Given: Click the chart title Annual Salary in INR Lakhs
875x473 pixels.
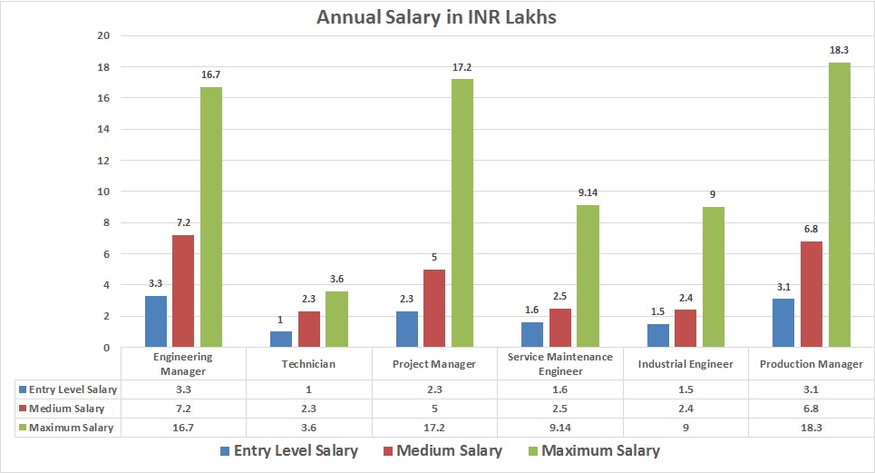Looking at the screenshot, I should coord(437,17).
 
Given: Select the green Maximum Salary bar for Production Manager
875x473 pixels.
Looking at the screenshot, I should coord(840,205).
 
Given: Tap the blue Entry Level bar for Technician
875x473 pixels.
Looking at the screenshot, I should coord(281,339).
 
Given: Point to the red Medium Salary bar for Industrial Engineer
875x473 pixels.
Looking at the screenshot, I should coord(685,329).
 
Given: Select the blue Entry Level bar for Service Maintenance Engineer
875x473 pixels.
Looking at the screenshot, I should coord(532,334).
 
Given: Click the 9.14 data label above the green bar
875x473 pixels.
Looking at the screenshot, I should coord(588,192).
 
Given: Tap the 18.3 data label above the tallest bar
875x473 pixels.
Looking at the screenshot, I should coord(840,50).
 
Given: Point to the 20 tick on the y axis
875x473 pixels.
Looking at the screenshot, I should coord(102,36).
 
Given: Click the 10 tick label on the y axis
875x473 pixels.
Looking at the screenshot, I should coord(102,192).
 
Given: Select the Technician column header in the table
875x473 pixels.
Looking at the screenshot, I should coord(309,364).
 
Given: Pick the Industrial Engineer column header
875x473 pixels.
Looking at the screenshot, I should coord(686,364).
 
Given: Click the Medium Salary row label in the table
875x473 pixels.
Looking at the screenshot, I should coord(65,408).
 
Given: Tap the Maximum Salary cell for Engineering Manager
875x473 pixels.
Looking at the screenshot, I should coord(183,427).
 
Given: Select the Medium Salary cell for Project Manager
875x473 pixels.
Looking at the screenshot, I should coord(435,408).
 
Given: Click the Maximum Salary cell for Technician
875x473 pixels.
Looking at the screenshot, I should coord(309,427).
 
